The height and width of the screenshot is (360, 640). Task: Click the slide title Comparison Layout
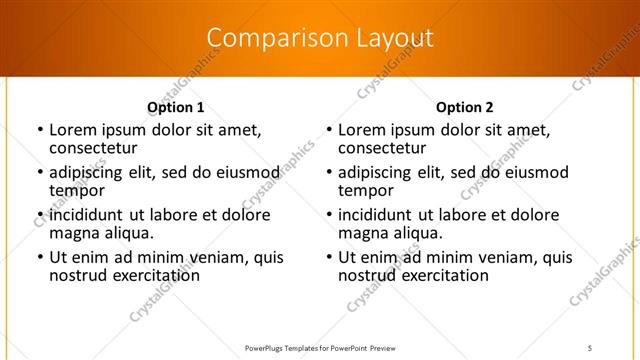(319, 38)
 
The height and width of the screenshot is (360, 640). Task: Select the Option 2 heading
(464, 107)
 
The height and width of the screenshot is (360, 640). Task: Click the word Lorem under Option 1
(73, 130)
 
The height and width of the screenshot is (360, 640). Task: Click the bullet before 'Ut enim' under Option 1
(39, 258)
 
